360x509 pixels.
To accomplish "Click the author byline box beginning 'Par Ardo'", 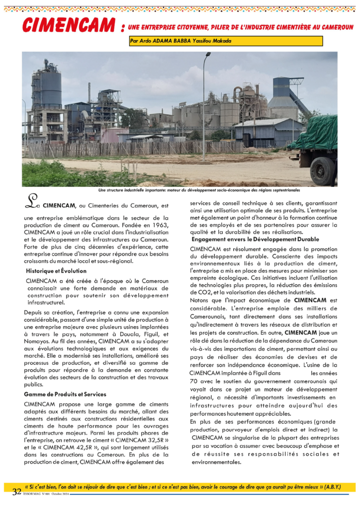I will pyautogui.click(x=225, y=41).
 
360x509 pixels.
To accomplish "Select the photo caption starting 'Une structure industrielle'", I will pyautogui.click(x=199, y=190).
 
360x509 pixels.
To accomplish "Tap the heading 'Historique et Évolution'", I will pyautogui.click(x=56, y=271).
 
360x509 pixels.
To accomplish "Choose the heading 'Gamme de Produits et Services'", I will pyautogui.click(x=65, y=394).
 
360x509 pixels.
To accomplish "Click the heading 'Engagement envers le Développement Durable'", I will pyautogui.click(x=255, y=239).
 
